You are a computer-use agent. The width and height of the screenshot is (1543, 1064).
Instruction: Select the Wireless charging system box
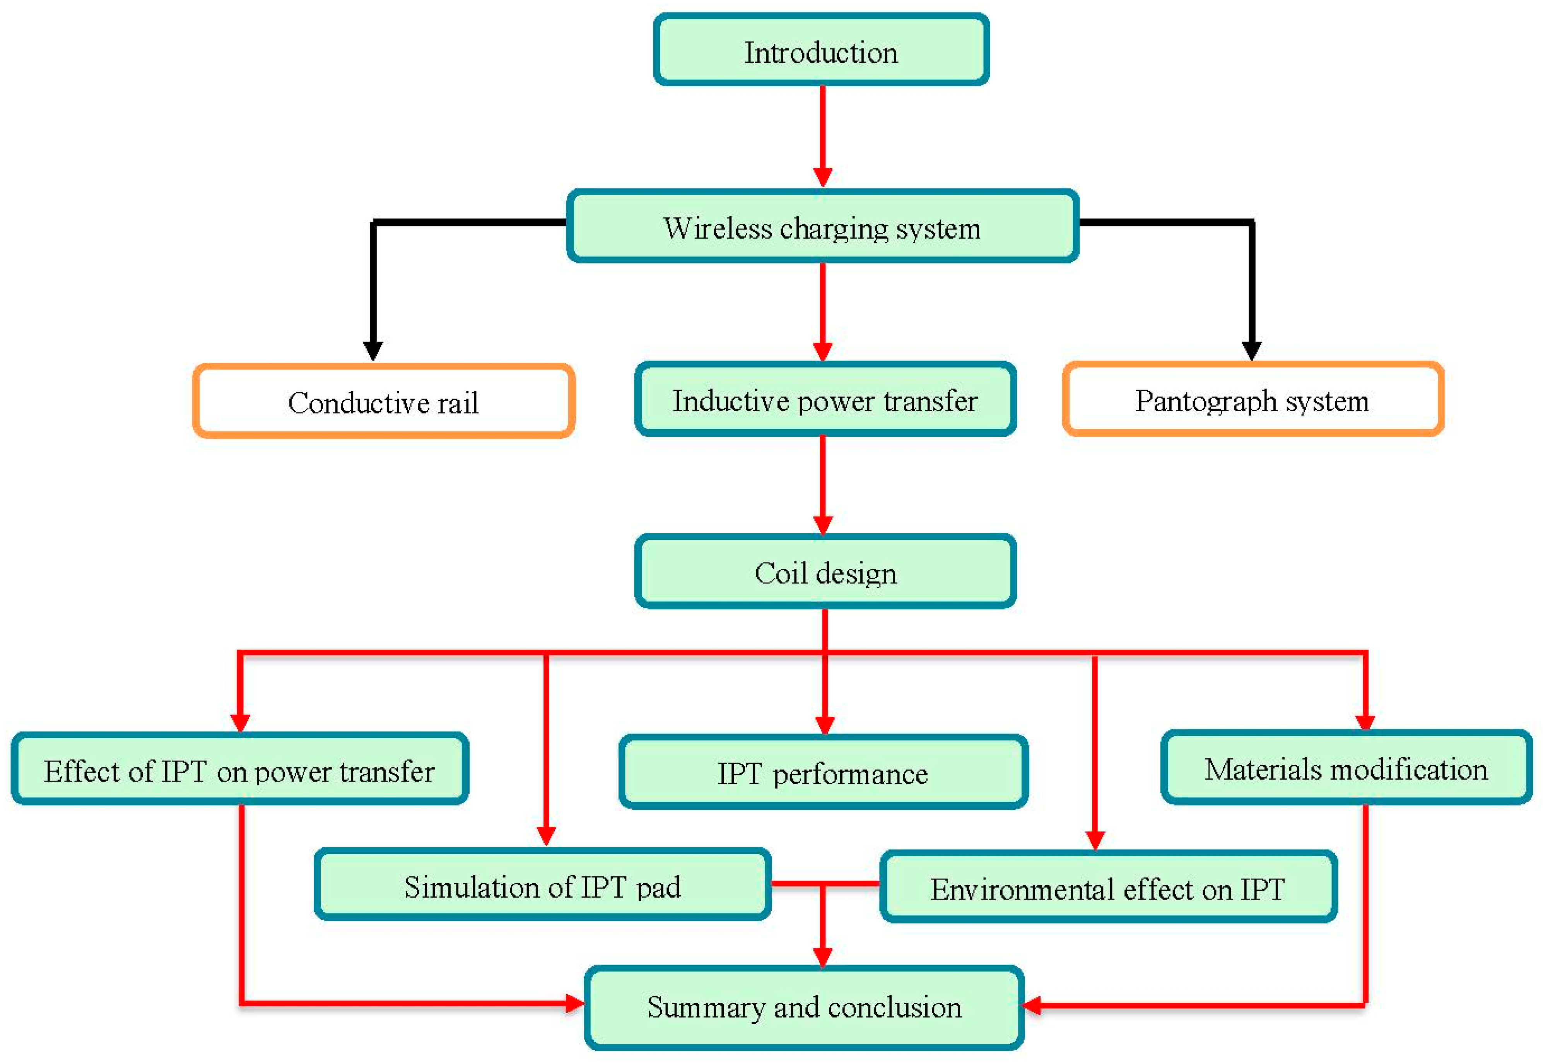click(x=822, y=227)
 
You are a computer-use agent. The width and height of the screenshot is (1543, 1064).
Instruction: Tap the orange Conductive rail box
click(x=383, y=401)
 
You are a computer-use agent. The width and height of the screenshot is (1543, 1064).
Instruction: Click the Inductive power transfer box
click(x=824, y=400)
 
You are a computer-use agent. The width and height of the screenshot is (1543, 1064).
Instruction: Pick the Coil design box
click(x=824, y=572)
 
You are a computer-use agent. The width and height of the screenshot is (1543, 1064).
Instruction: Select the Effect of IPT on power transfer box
click(x=239, y=770)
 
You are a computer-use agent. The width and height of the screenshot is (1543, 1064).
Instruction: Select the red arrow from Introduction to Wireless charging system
click(x=822, y=133)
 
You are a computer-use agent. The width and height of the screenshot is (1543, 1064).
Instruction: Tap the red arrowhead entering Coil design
click(x=822, y=524)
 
